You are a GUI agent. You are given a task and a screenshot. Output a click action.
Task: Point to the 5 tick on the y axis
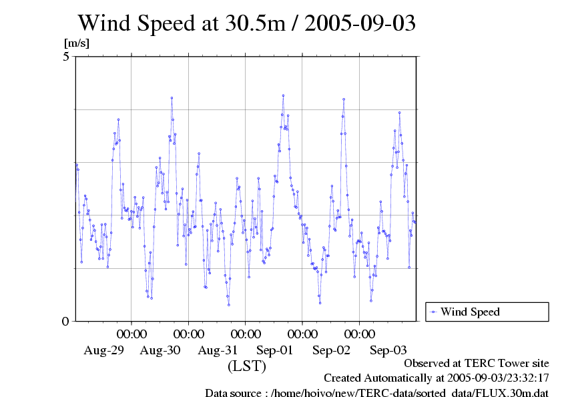65,57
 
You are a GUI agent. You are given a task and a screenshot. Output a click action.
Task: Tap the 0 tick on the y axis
65,321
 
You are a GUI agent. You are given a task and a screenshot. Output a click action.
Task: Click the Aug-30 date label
160,350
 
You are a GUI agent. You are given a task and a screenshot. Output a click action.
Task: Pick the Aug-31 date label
218,350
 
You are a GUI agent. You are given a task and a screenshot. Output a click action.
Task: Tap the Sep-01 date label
275,350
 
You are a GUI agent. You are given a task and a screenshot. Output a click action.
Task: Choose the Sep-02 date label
332,350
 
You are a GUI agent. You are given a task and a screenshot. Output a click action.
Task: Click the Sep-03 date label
388,350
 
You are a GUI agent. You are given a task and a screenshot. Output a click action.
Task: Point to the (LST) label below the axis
247,366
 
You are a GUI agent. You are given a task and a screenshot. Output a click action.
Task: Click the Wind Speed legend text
470,312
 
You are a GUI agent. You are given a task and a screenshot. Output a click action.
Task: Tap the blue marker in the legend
434,312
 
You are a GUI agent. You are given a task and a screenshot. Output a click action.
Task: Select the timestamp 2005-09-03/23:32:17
493,378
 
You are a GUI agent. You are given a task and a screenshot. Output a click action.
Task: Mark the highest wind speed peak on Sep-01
283,95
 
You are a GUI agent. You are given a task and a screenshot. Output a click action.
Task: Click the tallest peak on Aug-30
172,98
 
